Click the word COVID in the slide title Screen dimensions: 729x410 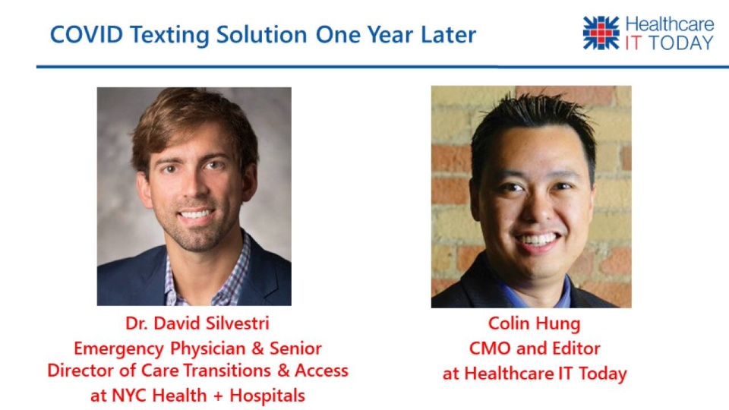tap(87, 35)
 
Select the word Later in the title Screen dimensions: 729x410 tap(448, 35)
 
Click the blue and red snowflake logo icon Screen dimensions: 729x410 tap(601, 33)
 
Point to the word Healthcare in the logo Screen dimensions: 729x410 tap(670, 24)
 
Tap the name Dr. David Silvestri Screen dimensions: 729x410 tap(197, 323)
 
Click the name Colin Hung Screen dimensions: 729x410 tap(534, 324)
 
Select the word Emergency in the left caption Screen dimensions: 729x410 tap(118, 348)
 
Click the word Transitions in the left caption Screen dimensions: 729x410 tap(226, 371)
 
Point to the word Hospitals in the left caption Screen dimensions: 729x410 tap(267, 396)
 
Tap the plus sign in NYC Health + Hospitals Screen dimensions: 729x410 tap(218, 396)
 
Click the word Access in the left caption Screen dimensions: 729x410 tap(321, 371)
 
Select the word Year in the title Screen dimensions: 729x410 tap(391, 35)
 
